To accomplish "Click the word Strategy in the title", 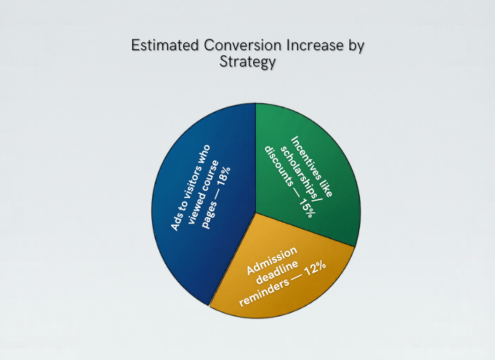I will pyautogui.click(x=248, y=62).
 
